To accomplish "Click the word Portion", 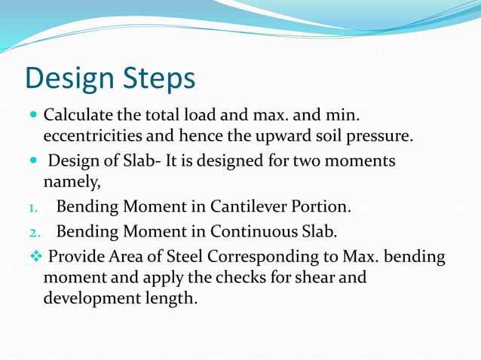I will (325, 206).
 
